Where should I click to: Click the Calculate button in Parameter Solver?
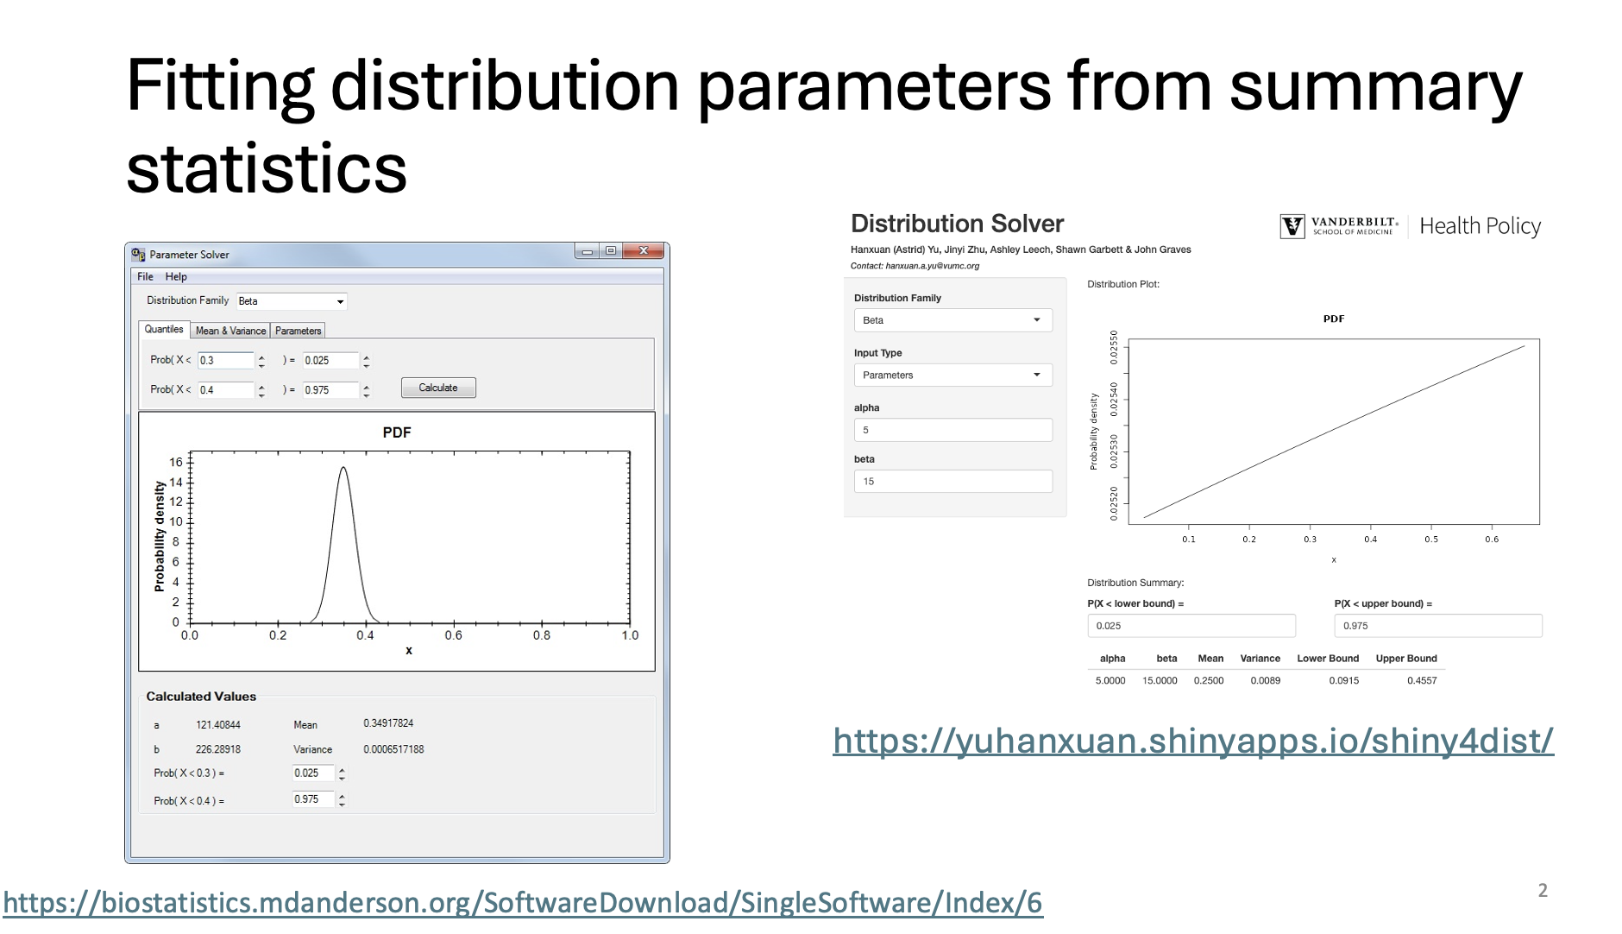tap(438, 388)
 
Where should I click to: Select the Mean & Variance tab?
tap(230, 331)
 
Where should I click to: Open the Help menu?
tap(176, 276)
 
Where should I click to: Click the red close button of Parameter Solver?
tap(643, 251)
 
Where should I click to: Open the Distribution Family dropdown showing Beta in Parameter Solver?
tap(292, 301)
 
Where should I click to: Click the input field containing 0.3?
tap(226, 361)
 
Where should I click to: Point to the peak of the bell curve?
tap(343, 468)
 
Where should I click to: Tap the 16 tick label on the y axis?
tap(176, 462)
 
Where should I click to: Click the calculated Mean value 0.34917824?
tap(388, 723)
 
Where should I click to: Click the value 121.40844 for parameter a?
tap(218, 725)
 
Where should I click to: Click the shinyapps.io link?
tap(1193, 741)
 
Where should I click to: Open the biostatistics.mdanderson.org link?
tap(523, 903)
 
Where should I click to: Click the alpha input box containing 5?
tap(952, 430)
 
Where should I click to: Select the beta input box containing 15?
tap(952, 482)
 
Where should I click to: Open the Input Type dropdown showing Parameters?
tap(952, 375)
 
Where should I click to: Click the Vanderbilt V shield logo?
tap(1292, 226)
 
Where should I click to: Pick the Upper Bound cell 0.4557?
tap(1422, 680)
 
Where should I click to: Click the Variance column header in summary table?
tap(1260, 659)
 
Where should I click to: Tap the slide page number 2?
tap(1543, 891)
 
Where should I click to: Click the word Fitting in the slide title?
tap(220, 87)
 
